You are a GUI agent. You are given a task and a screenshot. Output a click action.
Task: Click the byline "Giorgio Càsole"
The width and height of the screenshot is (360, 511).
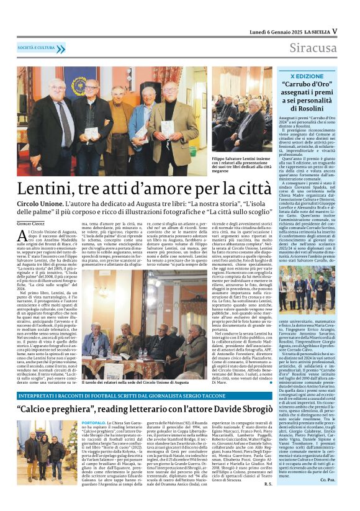[x=32, y=223]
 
